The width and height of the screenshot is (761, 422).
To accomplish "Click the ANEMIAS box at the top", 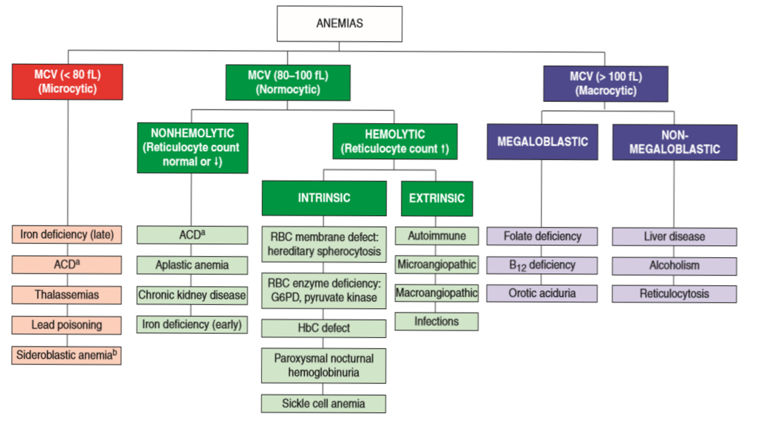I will tap(339, 24).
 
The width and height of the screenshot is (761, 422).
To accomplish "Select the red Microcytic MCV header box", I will tap(67, 82).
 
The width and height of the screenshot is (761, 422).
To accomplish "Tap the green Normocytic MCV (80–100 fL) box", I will tap(288, 82).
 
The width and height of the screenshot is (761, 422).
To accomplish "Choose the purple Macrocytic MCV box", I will tap(606, 84).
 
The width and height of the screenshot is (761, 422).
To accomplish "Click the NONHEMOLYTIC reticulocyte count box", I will tap(192, 147).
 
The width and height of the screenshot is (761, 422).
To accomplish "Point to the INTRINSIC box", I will tap(324, 198).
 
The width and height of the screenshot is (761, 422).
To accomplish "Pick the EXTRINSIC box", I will tap(437, 198).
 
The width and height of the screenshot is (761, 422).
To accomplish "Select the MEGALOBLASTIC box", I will tap(542, 141).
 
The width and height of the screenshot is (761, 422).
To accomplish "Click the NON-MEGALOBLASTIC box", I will tap(674, 142).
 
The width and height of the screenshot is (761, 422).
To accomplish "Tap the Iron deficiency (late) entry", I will tap(67, 235).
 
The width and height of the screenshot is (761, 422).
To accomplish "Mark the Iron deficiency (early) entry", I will tap(192, 324).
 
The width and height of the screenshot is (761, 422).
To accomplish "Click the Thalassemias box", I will tap(67, 295).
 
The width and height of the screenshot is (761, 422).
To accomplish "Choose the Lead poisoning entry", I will tap(67, 324).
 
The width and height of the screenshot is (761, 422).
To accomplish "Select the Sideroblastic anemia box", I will tap(67, 355).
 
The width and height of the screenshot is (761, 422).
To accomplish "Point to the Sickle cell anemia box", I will tap(324, 403).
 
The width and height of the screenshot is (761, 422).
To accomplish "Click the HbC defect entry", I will tap(324, 328).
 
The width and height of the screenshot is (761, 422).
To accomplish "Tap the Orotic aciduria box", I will tap(542, 293).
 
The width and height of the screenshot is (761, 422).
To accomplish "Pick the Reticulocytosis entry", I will tap(674, 293).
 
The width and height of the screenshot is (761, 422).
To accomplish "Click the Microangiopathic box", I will tap(437, 264).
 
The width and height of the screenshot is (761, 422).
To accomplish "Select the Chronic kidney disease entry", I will tap(192, 295).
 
